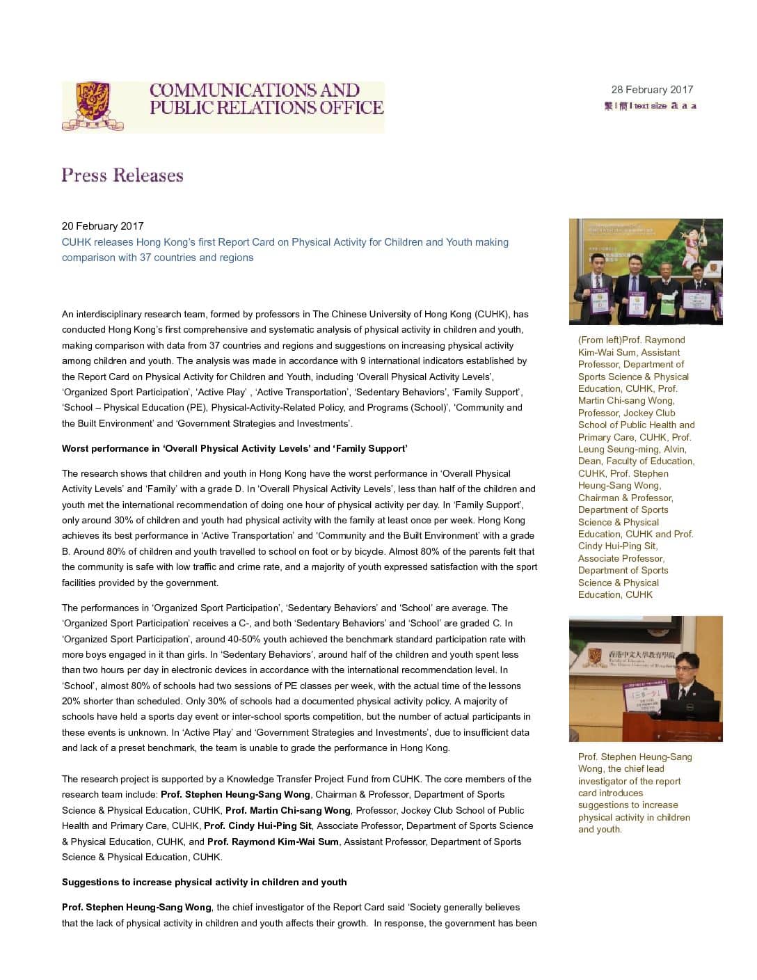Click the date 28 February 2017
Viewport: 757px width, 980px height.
pyautogui.click(x=652, y=90)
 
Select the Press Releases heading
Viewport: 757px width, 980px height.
pyautogui.click(x=122, y=175)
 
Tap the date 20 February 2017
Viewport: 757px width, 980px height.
pyautogui.click(x=102, y=226)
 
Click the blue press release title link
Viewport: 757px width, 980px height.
pyautogui.click(x=285, y=250)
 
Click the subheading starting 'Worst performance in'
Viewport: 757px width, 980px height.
pyautogui.click(x=234, y=448)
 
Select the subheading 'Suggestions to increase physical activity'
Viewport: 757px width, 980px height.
pyautogui.click(x=204, y=882)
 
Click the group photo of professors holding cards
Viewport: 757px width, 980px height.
pyautogui.click(x=645, y=271)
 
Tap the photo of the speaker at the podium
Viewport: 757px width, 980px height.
pyautogui.click(x=645, y=679)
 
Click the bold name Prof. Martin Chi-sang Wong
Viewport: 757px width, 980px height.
pyautogui.click(x=288, y=810)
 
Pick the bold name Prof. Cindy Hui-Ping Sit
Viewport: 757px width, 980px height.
pyautogui.click(x=257, y=825)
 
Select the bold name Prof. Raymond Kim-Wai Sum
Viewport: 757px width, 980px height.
pyautogui.click(x=273, y=841)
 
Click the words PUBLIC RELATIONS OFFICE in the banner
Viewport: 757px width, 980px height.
pyautogui.click(x=266, y=108)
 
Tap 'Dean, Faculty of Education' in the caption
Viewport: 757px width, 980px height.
pyautogui.click(x=636, y=461)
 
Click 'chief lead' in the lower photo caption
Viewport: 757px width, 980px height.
pyautogui.click(x=636, y=768)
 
